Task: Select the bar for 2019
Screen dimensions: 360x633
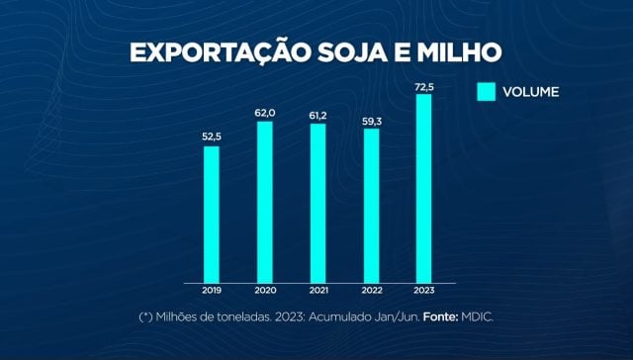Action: point(211,214)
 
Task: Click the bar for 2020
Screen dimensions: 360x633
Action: point(264,202)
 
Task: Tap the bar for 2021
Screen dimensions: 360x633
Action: point(317,203)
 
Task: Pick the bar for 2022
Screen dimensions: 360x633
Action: point(371,205)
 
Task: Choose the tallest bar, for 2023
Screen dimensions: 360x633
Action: point(424,188)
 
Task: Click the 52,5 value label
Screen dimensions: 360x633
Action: point(211,137)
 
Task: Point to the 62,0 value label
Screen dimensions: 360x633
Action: point(264,113)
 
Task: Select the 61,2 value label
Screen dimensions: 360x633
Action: point(317,115)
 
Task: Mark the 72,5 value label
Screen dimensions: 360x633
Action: point(424,85)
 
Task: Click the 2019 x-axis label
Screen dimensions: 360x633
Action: point(211,292)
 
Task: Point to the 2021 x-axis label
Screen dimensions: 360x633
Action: point(317,292)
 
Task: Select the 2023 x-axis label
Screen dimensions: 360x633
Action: point(424,292)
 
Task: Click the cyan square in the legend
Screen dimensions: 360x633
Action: point(487,92)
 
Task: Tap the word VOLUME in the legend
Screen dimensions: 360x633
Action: point(531,92)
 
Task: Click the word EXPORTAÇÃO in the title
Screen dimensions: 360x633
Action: point(216,52)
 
